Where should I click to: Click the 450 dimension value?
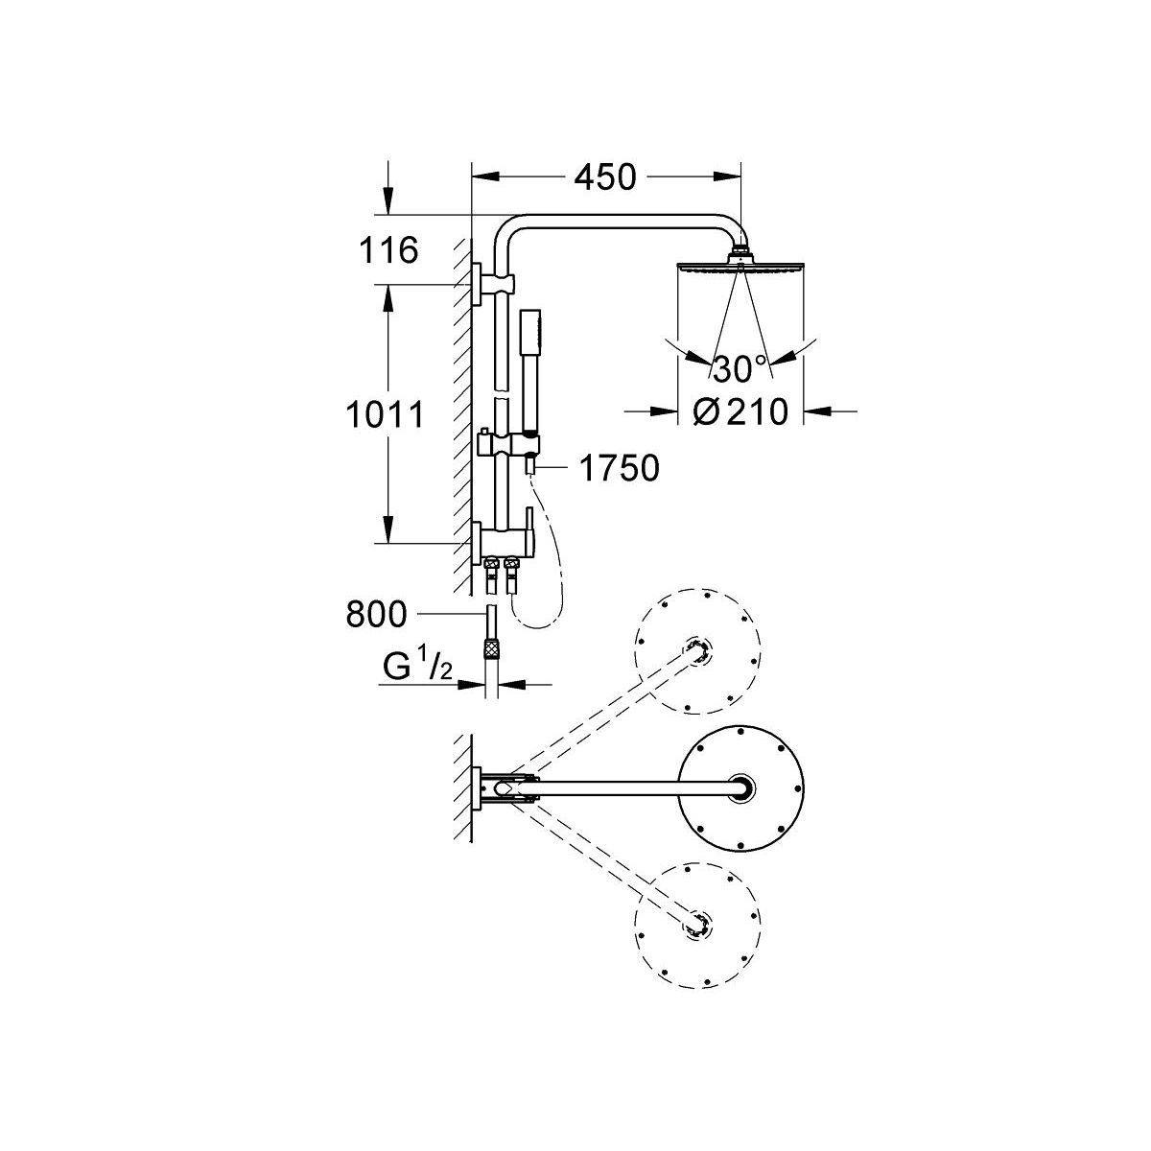coord(605,177)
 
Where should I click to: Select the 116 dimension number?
coord(388,250)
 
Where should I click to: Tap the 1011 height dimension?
coord(385,414)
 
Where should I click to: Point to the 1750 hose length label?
coord(620,468)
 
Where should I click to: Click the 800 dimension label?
coord(376,614)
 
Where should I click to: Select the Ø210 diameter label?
coord(740,411)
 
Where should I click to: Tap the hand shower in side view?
coord(529,371)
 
